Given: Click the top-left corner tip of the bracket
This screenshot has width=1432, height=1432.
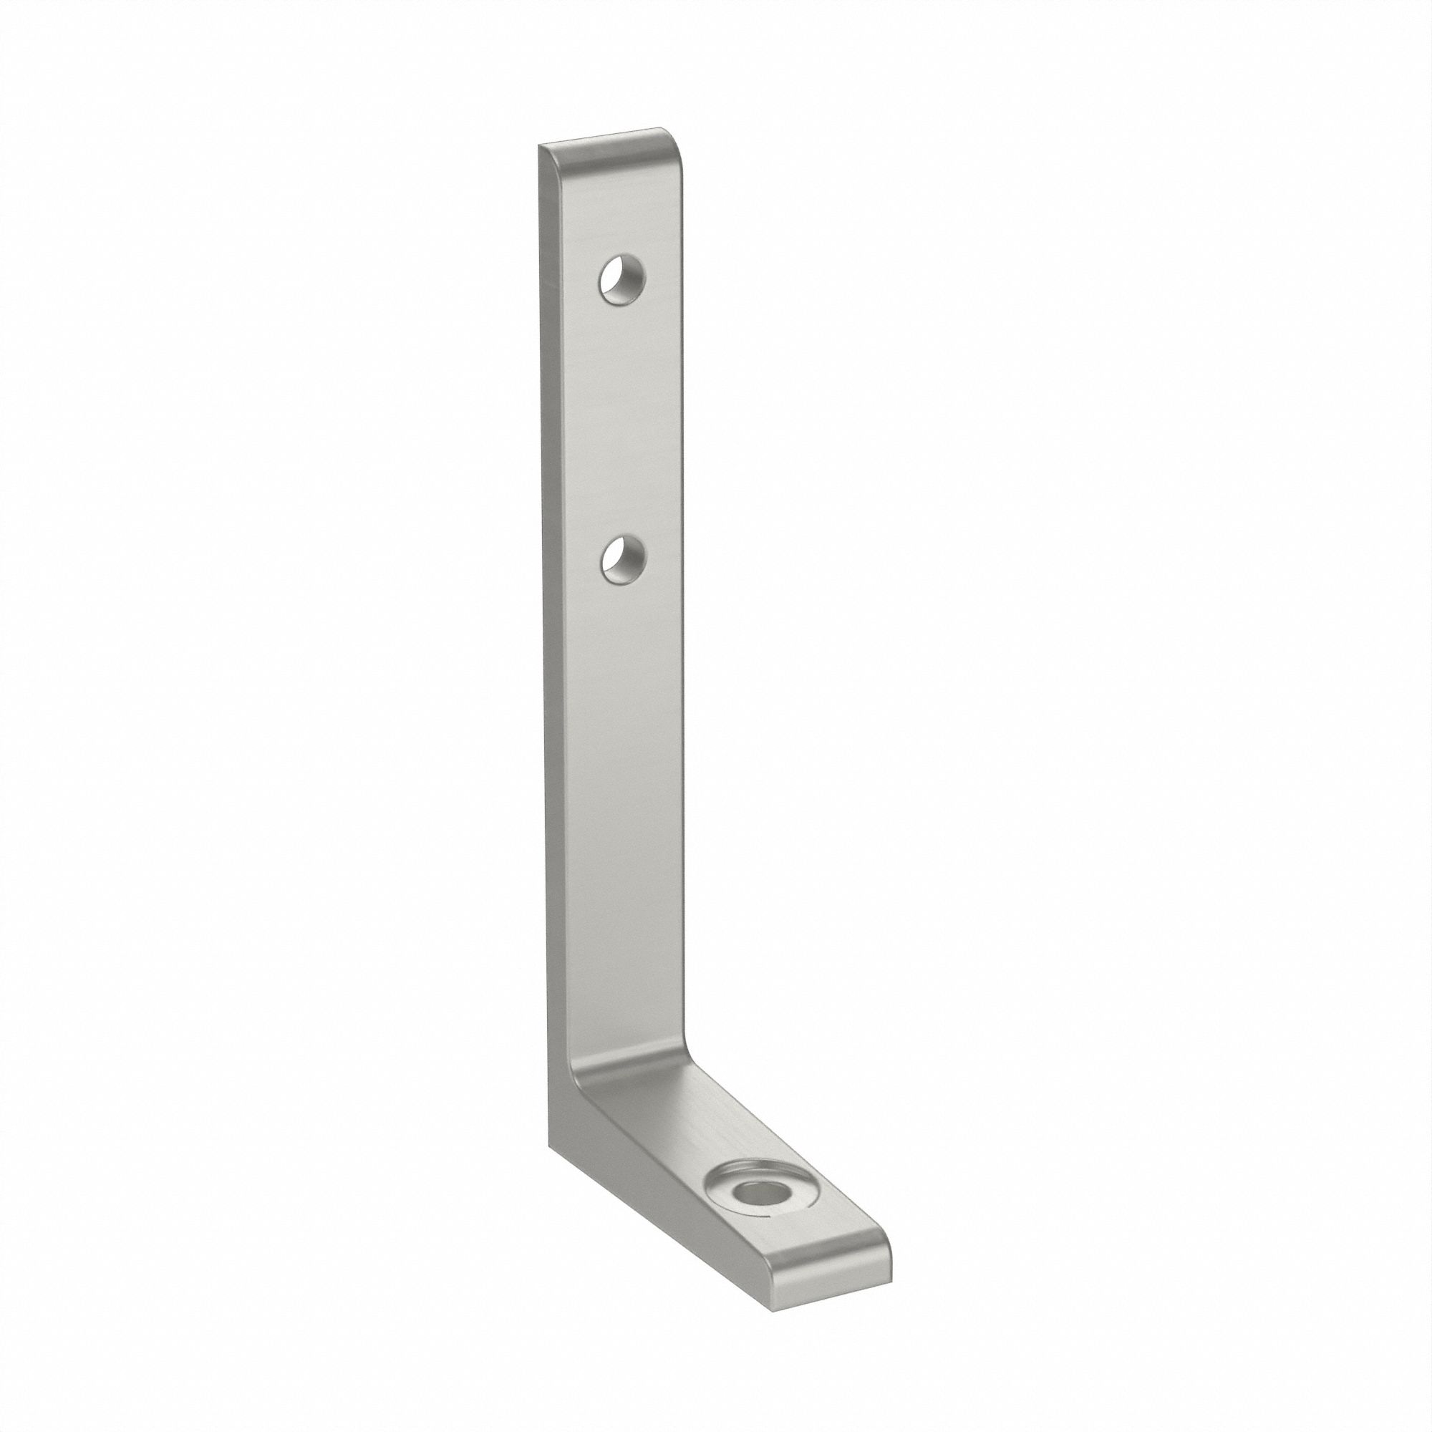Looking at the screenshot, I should point(539,146).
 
